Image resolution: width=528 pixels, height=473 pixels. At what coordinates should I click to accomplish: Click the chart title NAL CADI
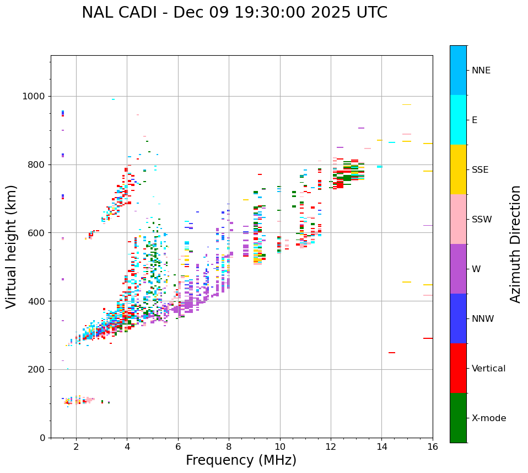pyautogui.click(x=234, y=13)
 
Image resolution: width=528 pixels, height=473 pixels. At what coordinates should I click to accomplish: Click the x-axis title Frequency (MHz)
pyautogui.click(x=241, y=460)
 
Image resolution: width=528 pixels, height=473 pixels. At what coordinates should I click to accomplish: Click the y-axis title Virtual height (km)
pyautogui.click(x=12, y=247)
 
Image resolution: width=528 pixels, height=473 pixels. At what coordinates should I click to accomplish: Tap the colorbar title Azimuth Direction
pyautogui.click(x=515, y=244)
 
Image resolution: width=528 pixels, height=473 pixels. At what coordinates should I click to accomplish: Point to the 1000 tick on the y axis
pyautogui.click(x=34, y=96)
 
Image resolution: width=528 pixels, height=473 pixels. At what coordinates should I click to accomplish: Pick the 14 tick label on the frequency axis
pyautogui.click(x=381, y=447)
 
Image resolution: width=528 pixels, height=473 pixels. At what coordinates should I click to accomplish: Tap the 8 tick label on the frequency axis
pyautogui.click(x=229, y=447)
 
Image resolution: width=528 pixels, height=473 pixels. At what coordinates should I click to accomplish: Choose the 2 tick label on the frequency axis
pyautogui.click(x=76, y=447)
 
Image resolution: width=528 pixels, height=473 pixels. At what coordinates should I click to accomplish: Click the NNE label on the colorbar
pyautogui.click(x=481, y=71)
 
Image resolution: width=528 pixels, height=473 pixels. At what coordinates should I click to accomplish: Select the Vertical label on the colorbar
pyautogui.click(x=488, y=369)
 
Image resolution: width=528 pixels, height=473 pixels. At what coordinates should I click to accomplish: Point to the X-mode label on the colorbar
pyautogui.click(x=488, y=418)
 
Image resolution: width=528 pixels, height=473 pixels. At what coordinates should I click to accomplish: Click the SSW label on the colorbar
pyautogui.click(x=482, y=220)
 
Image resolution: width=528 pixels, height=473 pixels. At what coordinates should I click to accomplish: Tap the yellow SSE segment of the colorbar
pyautogui.click(x=458, y=169)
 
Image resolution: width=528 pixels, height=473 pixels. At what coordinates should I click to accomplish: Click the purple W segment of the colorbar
pyautogui.click(x=458, y=269)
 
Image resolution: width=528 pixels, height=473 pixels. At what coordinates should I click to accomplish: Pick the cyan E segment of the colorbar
pyautogui.click(x=458, y=120)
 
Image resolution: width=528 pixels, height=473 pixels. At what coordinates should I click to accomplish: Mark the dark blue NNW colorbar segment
pyautogui.click(x=458, y=318)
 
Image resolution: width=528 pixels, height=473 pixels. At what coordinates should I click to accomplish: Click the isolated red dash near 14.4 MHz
pyautogui.click(x=392, y=353)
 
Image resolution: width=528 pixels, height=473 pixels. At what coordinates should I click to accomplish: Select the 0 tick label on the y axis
pyautogui.click(x=42, y=438)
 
